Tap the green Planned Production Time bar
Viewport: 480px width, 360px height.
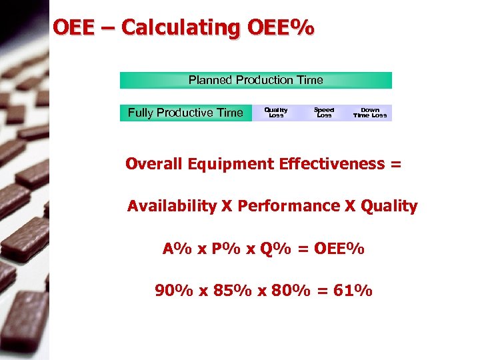point(255,80)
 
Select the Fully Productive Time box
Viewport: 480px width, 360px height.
point(185,113)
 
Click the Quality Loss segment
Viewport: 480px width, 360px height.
point(276,113)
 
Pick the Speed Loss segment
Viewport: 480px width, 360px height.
point(324,113)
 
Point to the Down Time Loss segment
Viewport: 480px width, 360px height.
point(369,113)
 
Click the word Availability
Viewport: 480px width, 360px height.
point(172,207)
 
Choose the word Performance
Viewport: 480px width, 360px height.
point(288,206)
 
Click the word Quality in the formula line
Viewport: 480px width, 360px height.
point(389,207)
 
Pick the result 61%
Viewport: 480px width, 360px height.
point(356,291)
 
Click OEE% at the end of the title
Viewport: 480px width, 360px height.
point(279,29)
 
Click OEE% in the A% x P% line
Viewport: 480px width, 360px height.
point(340,249)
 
